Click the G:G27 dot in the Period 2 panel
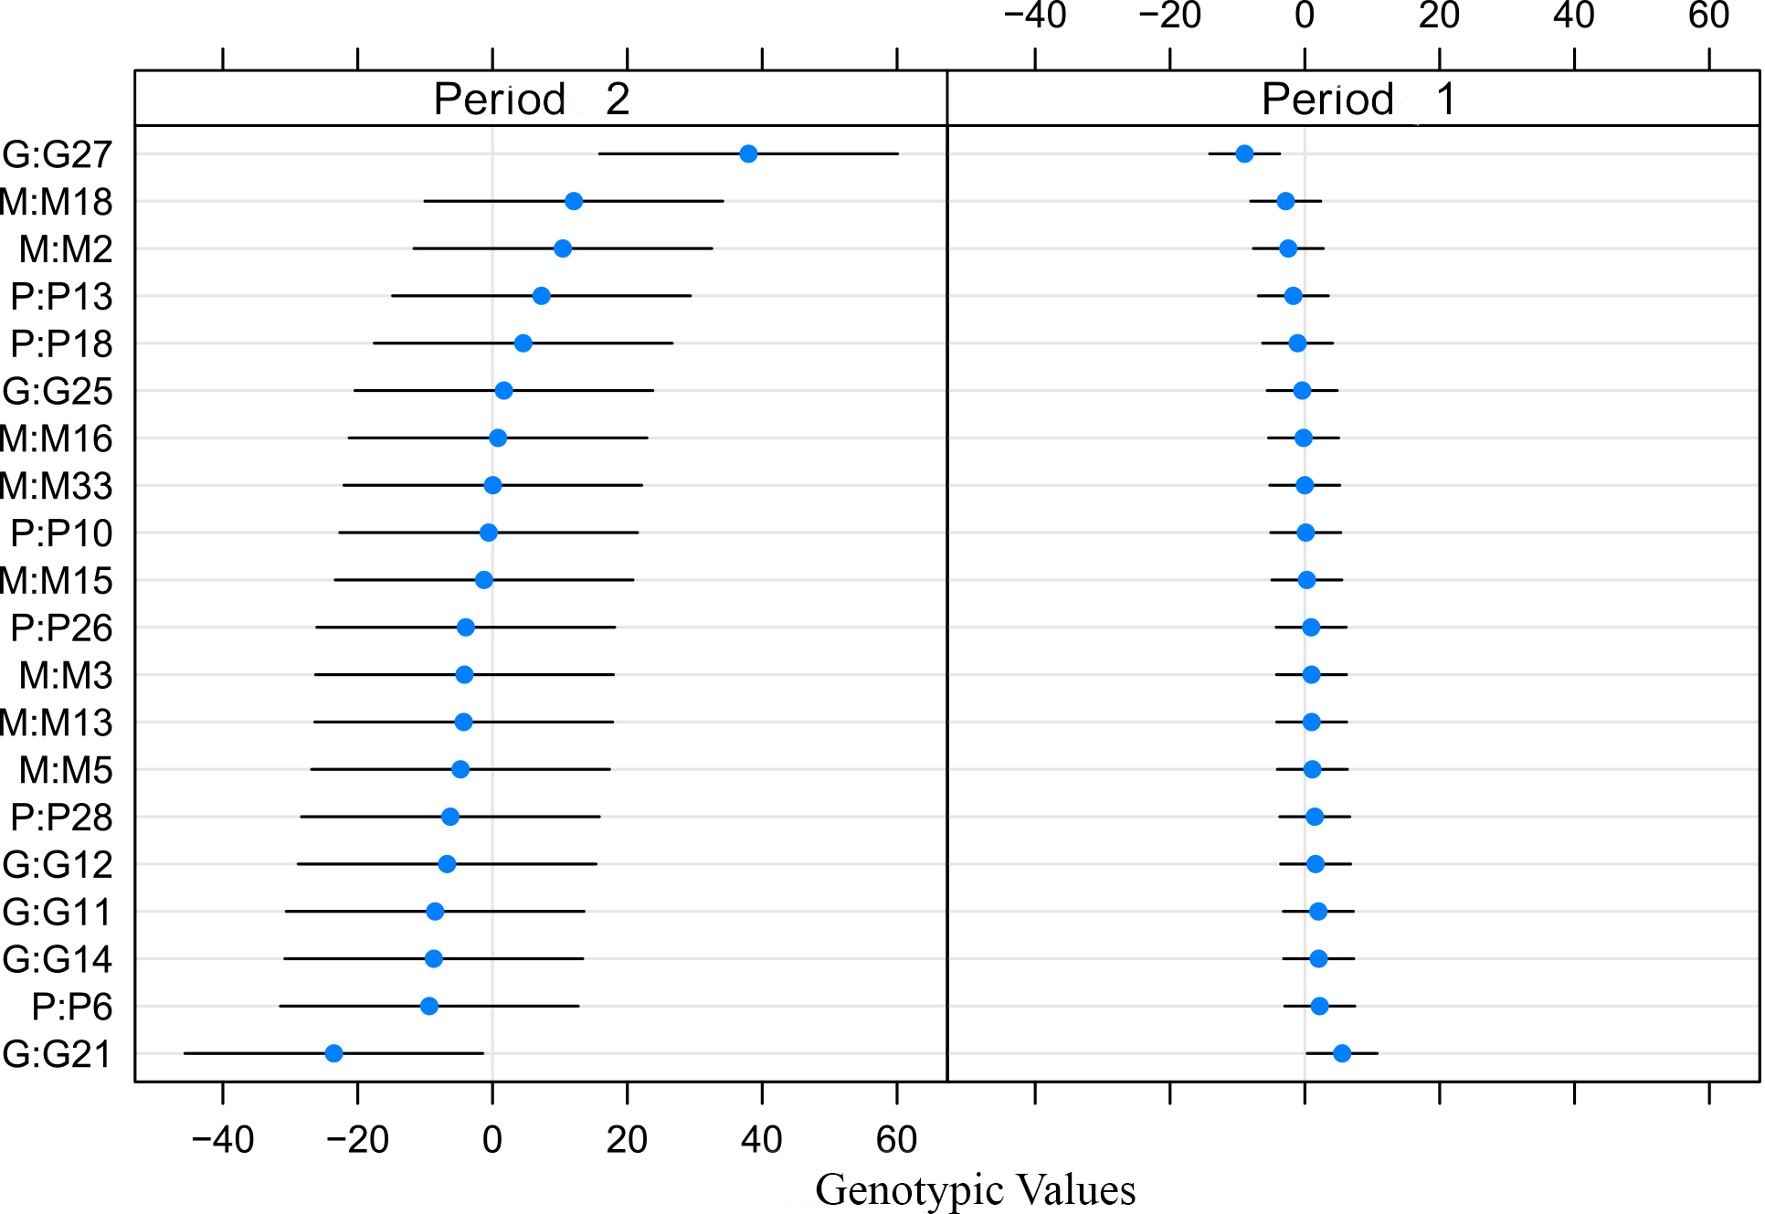click(x=748, y=153)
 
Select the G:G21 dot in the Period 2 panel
click(x=334, y=1053)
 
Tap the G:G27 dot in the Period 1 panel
click(x=1244, y=153)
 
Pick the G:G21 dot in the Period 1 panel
click(x=1342, y=1053)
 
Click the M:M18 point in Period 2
click(x=574, y=201)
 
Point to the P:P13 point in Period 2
click(x=542, y=296)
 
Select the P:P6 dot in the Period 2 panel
click(x=429, y=1006)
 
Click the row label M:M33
click(x=57, y=486)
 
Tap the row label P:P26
click(x=61, y=628)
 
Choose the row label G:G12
click(x=58, y=865)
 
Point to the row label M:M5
click(x=66, y=770)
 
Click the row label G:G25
click(x=58, y=391)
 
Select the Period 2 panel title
click(x=532, y=99)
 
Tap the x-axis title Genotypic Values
click(x=975, y=1189)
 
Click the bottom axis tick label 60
click(x=896, y=1140)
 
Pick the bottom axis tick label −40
click(x=223, y=1140)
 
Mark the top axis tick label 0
click(x=1305, y=16)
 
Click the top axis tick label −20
click(x=1169, y=16)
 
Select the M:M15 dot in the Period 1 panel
click(x=1307, y=580)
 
